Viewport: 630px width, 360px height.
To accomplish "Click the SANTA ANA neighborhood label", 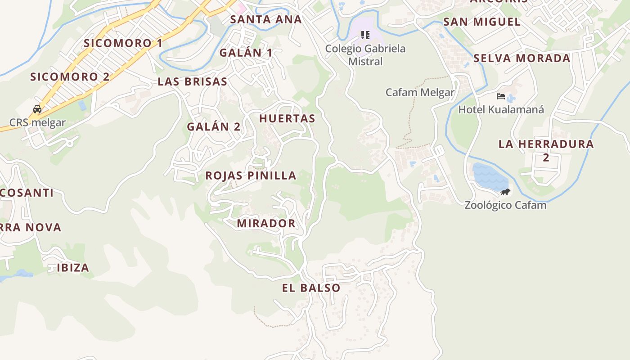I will [x=266, y=19].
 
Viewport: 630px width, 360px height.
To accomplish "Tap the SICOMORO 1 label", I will [x=123, y=43].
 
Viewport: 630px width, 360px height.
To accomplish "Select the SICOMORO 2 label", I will [x=70, y=76].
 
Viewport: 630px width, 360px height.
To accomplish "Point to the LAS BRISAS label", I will [x=192, y=81].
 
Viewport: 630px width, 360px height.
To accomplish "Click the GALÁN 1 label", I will [x=246, y=53].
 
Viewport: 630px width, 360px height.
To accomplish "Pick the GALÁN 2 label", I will [x=214, y=126].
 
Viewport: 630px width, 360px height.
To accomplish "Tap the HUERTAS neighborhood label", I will [x=287, y=118].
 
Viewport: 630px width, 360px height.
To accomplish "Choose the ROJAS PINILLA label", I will [x=251, y=175].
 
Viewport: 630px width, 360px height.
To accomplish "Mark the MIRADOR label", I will [x=266, y=223].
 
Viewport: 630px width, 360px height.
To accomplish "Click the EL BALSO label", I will [x=311, y=288].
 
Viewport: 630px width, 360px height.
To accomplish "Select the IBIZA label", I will [x=73, y=268].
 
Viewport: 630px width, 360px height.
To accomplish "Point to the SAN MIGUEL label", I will [x=482, y=22].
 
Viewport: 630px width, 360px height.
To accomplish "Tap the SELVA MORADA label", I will [x=522, y=58].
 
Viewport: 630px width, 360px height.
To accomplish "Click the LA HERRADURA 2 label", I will [x=546, y=150].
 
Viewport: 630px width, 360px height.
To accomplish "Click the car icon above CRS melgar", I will [x=37, y=109].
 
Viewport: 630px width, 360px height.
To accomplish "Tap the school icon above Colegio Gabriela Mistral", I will [x=365, y=35].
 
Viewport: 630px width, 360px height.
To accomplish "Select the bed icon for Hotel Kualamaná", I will [x=501, y=96].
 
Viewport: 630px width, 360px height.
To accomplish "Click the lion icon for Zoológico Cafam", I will [x=505, y=192].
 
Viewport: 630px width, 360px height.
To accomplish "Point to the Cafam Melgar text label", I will [x=420, y=93].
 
